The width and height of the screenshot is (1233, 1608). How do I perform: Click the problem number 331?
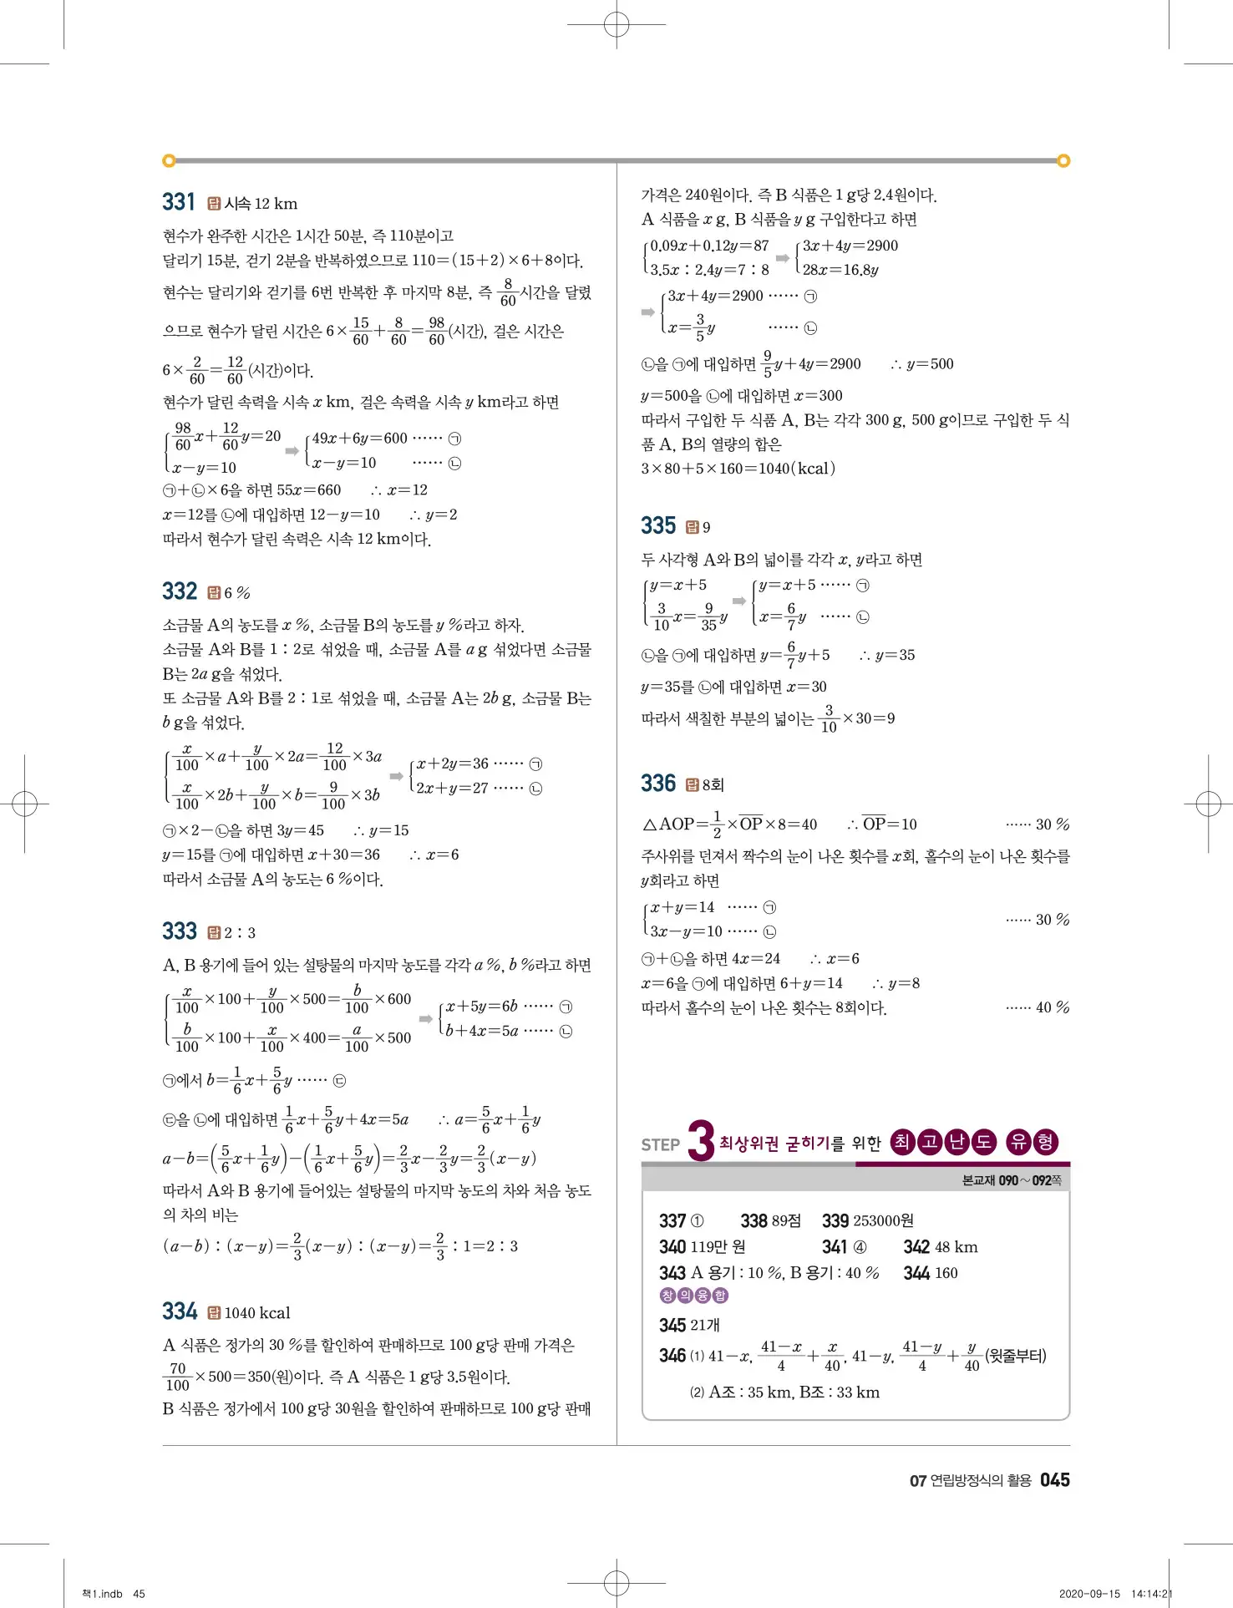tap(179, 202)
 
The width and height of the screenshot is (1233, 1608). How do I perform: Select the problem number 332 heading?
tap(180, 591)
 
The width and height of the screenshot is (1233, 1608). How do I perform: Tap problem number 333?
tap(180, 931)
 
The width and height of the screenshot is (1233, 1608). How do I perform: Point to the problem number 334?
tap(180, 1311)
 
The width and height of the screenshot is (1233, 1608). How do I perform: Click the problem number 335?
tap(658, 525)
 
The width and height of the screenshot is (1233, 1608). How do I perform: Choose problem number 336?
tap(658, 784)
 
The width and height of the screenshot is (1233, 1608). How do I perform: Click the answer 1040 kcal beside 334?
tap(257, 1313)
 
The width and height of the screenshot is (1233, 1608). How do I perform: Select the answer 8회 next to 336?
tap(713, 784)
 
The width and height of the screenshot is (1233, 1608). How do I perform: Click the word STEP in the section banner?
tap(660, 1145)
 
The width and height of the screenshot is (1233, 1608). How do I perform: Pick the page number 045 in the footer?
tap(1055, 1480)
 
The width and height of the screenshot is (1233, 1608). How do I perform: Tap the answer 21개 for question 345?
tap(705, 1325)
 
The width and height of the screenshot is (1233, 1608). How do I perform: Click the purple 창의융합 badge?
tap(694, 1296)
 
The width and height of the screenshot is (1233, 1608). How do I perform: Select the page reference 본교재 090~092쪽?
tap(1011, 1180)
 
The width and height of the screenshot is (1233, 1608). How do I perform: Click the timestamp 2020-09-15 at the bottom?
tap(1089, 1594)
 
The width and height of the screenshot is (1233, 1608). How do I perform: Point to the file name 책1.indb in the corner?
tap(102, 1594)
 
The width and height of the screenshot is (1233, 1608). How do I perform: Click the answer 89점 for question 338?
tap(784, 1221)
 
